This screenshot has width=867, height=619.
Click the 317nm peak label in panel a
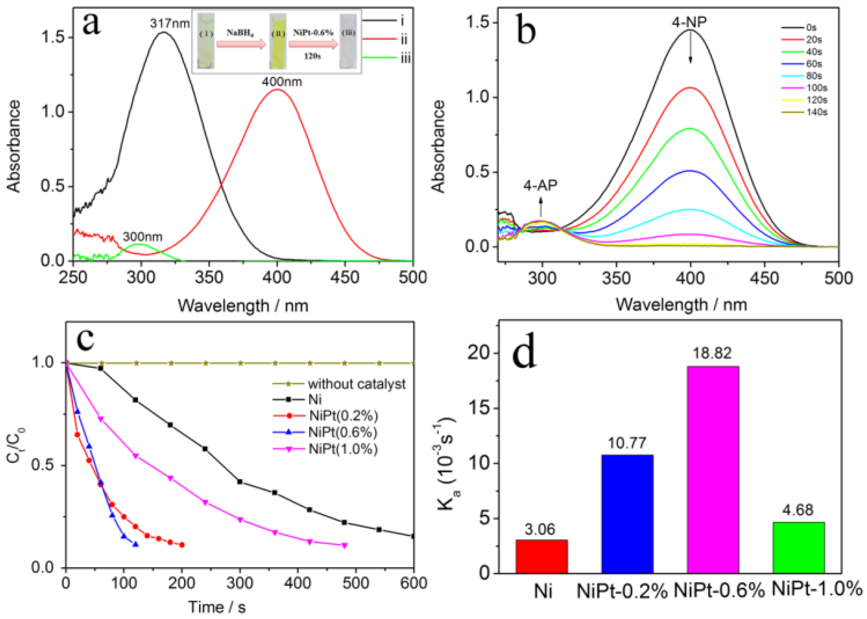(170, 24)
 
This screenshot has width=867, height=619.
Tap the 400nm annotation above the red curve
(282, 82)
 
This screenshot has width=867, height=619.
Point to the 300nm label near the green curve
(142, 237)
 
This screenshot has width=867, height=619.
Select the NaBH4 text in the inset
(240, 33)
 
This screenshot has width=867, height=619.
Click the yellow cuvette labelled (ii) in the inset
(278, 41)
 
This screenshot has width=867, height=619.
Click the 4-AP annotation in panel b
(540, 185)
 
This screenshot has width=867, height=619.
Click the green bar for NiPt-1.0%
(799, 548)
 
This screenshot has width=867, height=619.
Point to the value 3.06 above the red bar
(540, 529)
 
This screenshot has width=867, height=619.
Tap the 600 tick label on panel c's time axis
(413, 584)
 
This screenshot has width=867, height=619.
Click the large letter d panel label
(524, 353)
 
